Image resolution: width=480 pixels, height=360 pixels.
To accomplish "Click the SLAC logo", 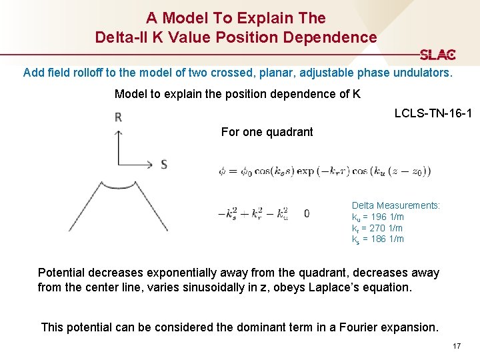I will tap(437, 55).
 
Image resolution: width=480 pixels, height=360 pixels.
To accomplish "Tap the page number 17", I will tap(457, 346).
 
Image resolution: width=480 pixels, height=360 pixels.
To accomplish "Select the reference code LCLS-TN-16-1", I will tap(433, 114).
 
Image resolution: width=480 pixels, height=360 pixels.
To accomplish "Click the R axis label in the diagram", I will tap(118, 117).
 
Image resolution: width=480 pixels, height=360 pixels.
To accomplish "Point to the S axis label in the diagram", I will tap(164, 164).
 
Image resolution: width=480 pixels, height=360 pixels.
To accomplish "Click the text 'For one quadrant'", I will tap(267, 132).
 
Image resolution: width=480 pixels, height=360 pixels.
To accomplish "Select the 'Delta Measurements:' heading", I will tap(396, 205).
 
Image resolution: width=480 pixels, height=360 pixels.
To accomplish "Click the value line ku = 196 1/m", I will tap(378, 217).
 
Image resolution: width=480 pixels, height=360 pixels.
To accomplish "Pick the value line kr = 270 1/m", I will tap(377, 228).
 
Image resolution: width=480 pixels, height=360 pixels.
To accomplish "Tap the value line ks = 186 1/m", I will tap(378, 239).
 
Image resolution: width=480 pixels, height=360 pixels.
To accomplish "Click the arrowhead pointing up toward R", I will tap(118, 133).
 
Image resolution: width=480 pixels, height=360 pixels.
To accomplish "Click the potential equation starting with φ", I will tap(325, 171).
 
